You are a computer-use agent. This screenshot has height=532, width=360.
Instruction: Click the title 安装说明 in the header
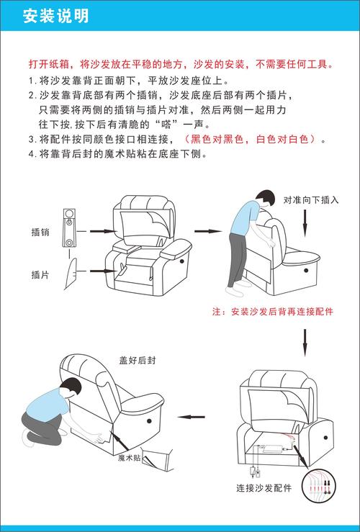(56, 16)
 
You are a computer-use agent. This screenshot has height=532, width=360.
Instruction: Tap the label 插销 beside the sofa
(40, 232)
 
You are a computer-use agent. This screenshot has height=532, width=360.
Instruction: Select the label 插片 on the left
(40, 274)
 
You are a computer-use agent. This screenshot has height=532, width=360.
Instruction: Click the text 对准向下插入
(310, 199)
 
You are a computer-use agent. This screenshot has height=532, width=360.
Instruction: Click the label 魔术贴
(130, 457)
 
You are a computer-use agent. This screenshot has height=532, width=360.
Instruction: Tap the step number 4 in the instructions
(31, 153)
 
